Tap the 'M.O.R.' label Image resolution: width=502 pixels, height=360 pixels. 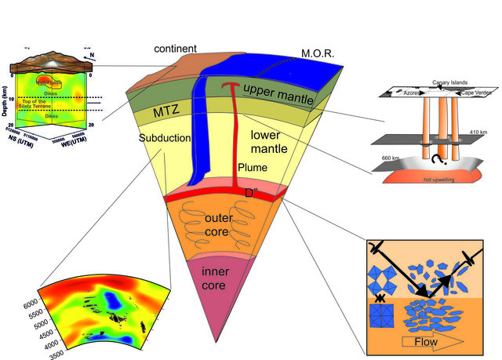click(318, 54)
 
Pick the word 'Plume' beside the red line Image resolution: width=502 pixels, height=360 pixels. click(252, 168)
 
